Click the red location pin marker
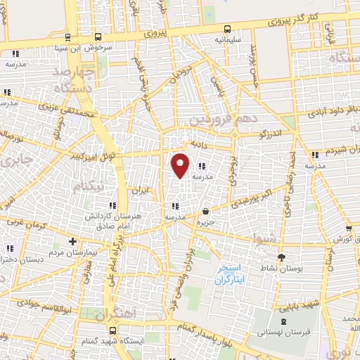(x=181, y=165)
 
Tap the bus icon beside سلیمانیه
(x=227, y=30)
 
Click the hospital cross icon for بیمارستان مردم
(x=72, y=241)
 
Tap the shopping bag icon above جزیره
(x=205, y=212)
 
